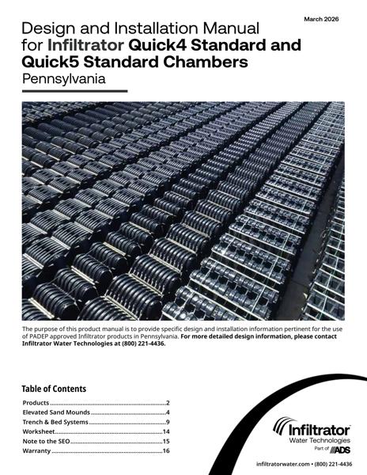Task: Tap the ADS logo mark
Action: pyautogui.click(x=335, y=448)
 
